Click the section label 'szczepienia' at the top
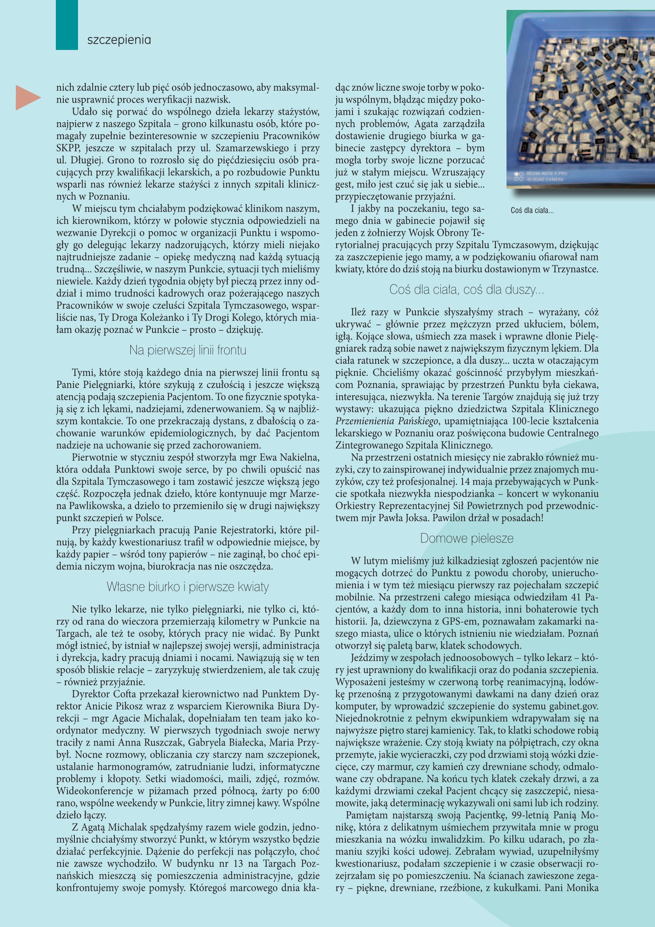pyautogui.click(x=119, y=41)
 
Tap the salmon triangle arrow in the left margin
pyautogui.click(x=27, y=97)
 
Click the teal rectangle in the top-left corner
pyautogui.click(x=67, y=24)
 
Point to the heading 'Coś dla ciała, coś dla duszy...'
pyautogui.click(x=466, y=290)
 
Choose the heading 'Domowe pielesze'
pyautogui.click(x=466, y=538)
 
